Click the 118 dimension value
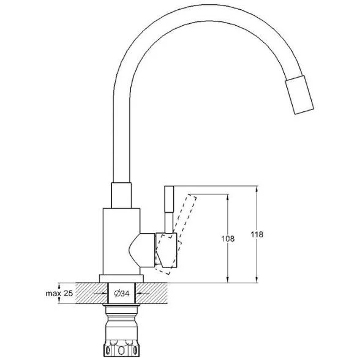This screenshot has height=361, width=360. [257, 234]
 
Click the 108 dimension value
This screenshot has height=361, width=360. [228, 239]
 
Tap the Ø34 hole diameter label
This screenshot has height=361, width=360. [122, 294]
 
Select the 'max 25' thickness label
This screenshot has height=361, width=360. [59, 294]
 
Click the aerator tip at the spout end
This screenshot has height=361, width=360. [299, 95]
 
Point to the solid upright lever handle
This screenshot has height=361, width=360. [169, 210]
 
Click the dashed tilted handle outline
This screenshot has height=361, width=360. [176, 234]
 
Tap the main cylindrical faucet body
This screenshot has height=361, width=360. [121, 242]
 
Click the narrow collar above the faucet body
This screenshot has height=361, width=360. [121, 195]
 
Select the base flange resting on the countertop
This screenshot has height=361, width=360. [121, 278]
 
